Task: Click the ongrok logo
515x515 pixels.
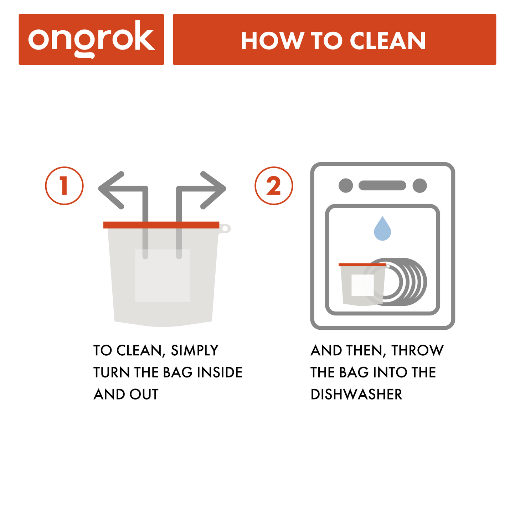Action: click(x=91, y=39)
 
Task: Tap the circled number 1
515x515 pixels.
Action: click(x=64, y=186)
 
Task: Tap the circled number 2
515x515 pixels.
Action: click(x=274, y=186)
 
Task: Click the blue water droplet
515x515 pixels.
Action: click(x=382, y=230)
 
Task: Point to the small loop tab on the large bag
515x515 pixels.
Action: click(x=225, y=228)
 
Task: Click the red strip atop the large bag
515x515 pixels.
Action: click(x=161, y=225)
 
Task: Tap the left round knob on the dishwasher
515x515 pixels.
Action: click(x=345, y=186)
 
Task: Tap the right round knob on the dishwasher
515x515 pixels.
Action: click(x=419, y=186)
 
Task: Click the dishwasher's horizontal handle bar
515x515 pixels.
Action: click(x=382, y=186)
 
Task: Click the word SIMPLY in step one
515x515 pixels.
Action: click(x=195, y=351)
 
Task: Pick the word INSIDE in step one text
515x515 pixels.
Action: click(x=220, y=372)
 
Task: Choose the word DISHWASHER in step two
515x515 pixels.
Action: click(x=356, y=395)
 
